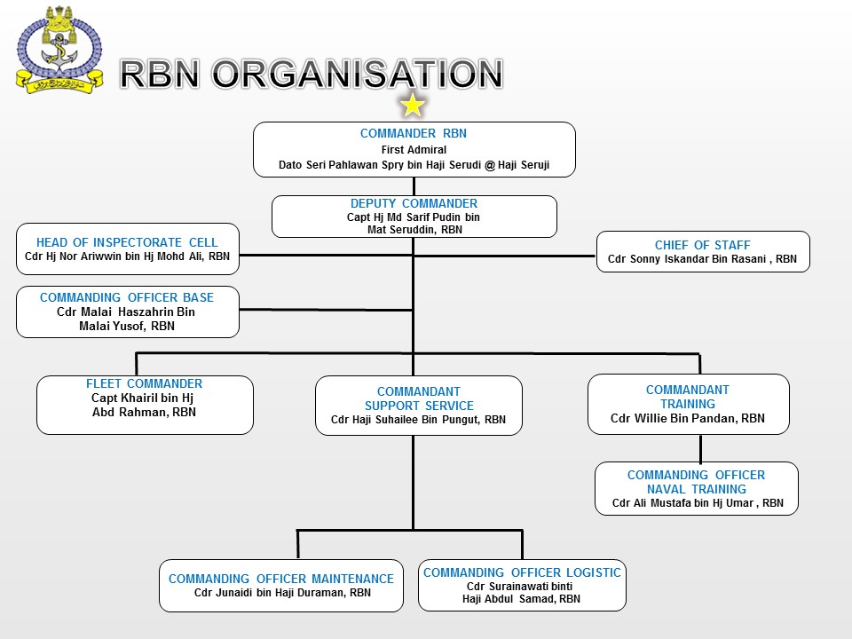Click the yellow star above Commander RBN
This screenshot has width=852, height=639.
413,106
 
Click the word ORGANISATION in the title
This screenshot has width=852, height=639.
358,75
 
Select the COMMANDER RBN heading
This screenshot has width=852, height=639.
414,134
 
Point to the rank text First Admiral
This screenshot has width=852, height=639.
414,150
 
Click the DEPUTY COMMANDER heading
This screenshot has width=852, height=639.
414,203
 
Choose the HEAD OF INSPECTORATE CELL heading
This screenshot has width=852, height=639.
127,242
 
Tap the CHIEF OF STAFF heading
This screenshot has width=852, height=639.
702,245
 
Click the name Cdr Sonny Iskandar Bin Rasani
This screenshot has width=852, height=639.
702,260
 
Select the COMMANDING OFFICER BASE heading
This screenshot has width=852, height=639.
127,297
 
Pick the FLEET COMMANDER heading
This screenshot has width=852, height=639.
144,383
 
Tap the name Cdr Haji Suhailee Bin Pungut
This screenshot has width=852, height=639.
418,420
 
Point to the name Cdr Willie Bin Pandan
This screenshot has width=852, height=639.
687,418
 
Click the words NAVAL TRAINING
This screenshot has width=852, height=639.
696,489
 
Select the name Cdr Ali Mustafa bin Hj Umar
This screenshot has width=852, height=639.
698,503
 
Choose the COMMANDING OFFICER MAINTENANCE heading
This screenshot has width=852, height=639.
281,579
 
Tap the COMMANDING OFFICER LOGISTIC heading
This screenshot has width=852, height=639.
522,572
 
